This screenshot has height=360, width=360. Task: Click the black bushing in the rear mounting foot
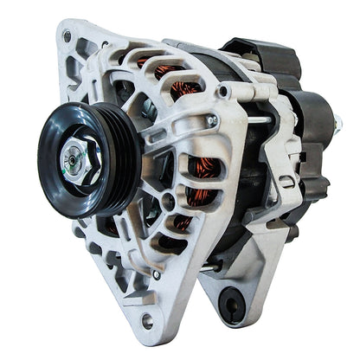coord(231,304)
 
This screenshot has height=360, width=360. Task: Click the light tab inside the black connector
coord(254,52)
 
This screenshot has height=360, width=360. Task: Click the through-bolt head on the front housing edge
coord(211,121)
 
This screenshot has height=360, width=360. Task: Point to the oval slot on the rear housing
coord(286,182)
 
